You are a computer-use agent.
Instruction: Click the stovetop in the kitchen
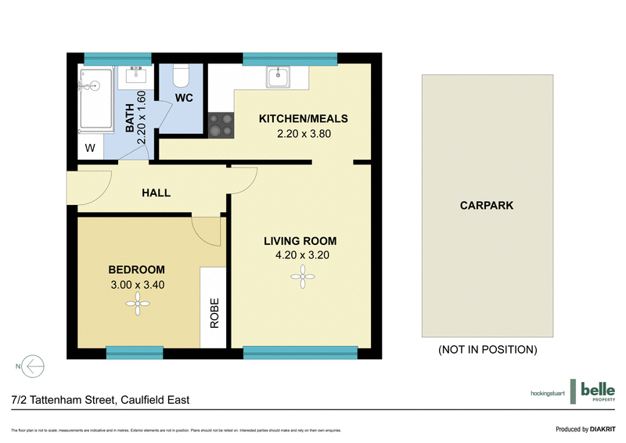point(221,125)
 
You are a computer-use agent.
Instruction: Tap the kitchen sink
point(278,77)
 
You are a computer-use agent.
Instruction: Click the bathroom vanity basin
point(136,77)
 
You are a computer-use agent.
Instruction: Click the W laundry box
point(90,148)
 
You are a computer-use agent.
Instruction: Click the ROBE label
point(214,312)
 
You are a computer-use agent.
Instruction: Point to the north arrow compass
point(32,366)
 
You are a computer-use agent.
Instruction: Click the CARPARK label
point(487,206)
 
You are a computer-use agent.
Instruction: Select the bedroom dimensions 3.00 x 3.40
point(137,285)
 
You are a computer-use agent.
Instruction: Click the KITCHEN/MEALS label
point(303,119)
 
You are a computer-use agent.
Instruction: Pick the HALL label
point(156,193)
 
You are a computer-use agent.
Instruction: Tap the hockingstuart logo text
point(547,392)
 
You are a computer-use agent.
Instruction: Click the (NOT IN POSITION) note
point(487,349)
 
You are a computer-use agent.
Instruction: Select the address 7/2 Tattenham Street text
point(100,400)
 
